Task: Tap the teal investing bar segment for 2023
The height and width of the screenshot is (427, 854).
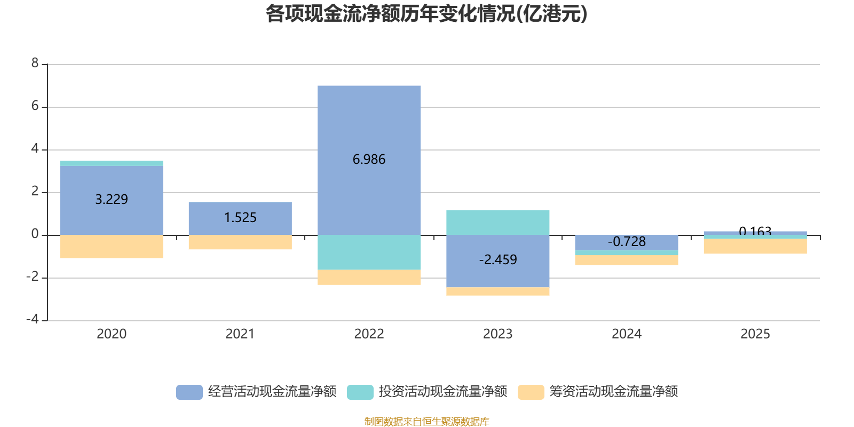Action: coord(497,222)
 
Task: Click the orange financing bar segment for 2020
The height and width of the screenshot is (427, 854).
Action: coord(111,247)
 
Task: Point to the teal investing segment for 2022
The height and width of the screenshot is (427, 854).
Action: coord(369,252)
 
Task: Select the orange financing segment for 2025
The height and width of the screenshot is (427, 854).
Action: coord(755,247)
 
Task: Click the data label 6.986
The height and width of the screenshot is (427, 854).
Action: coord(369,159)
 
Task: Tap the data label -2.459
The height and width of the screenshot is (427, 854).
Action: coord(497,260)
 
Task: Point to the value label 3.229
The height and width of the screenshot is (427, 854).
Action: coord(111,199)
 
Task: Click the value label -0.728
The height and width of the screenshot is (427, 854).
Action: coord(626,242)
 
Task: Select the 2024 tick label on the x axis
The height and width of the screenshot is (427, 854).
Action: coord(626,334)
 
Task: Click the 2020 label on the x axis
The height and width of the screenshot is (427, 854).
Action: coord(111,334)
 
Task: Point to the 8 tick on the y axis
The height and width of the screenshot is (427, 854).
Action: coord(35,64)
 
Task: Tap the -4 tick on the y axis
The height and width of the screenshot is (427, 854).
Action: coord(33,319)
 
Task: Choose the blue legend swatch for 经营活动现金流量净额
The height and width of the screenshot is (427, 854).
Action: coord(189,392)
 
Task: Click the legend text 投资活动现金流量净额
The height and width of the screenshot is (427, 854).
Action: coord(442,392)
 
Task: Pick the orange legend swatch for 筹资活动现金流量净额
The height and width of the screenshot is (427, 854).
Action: coord(531,392)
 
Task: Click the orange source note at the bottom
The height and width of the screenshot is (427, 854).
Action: coord(426,422)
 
